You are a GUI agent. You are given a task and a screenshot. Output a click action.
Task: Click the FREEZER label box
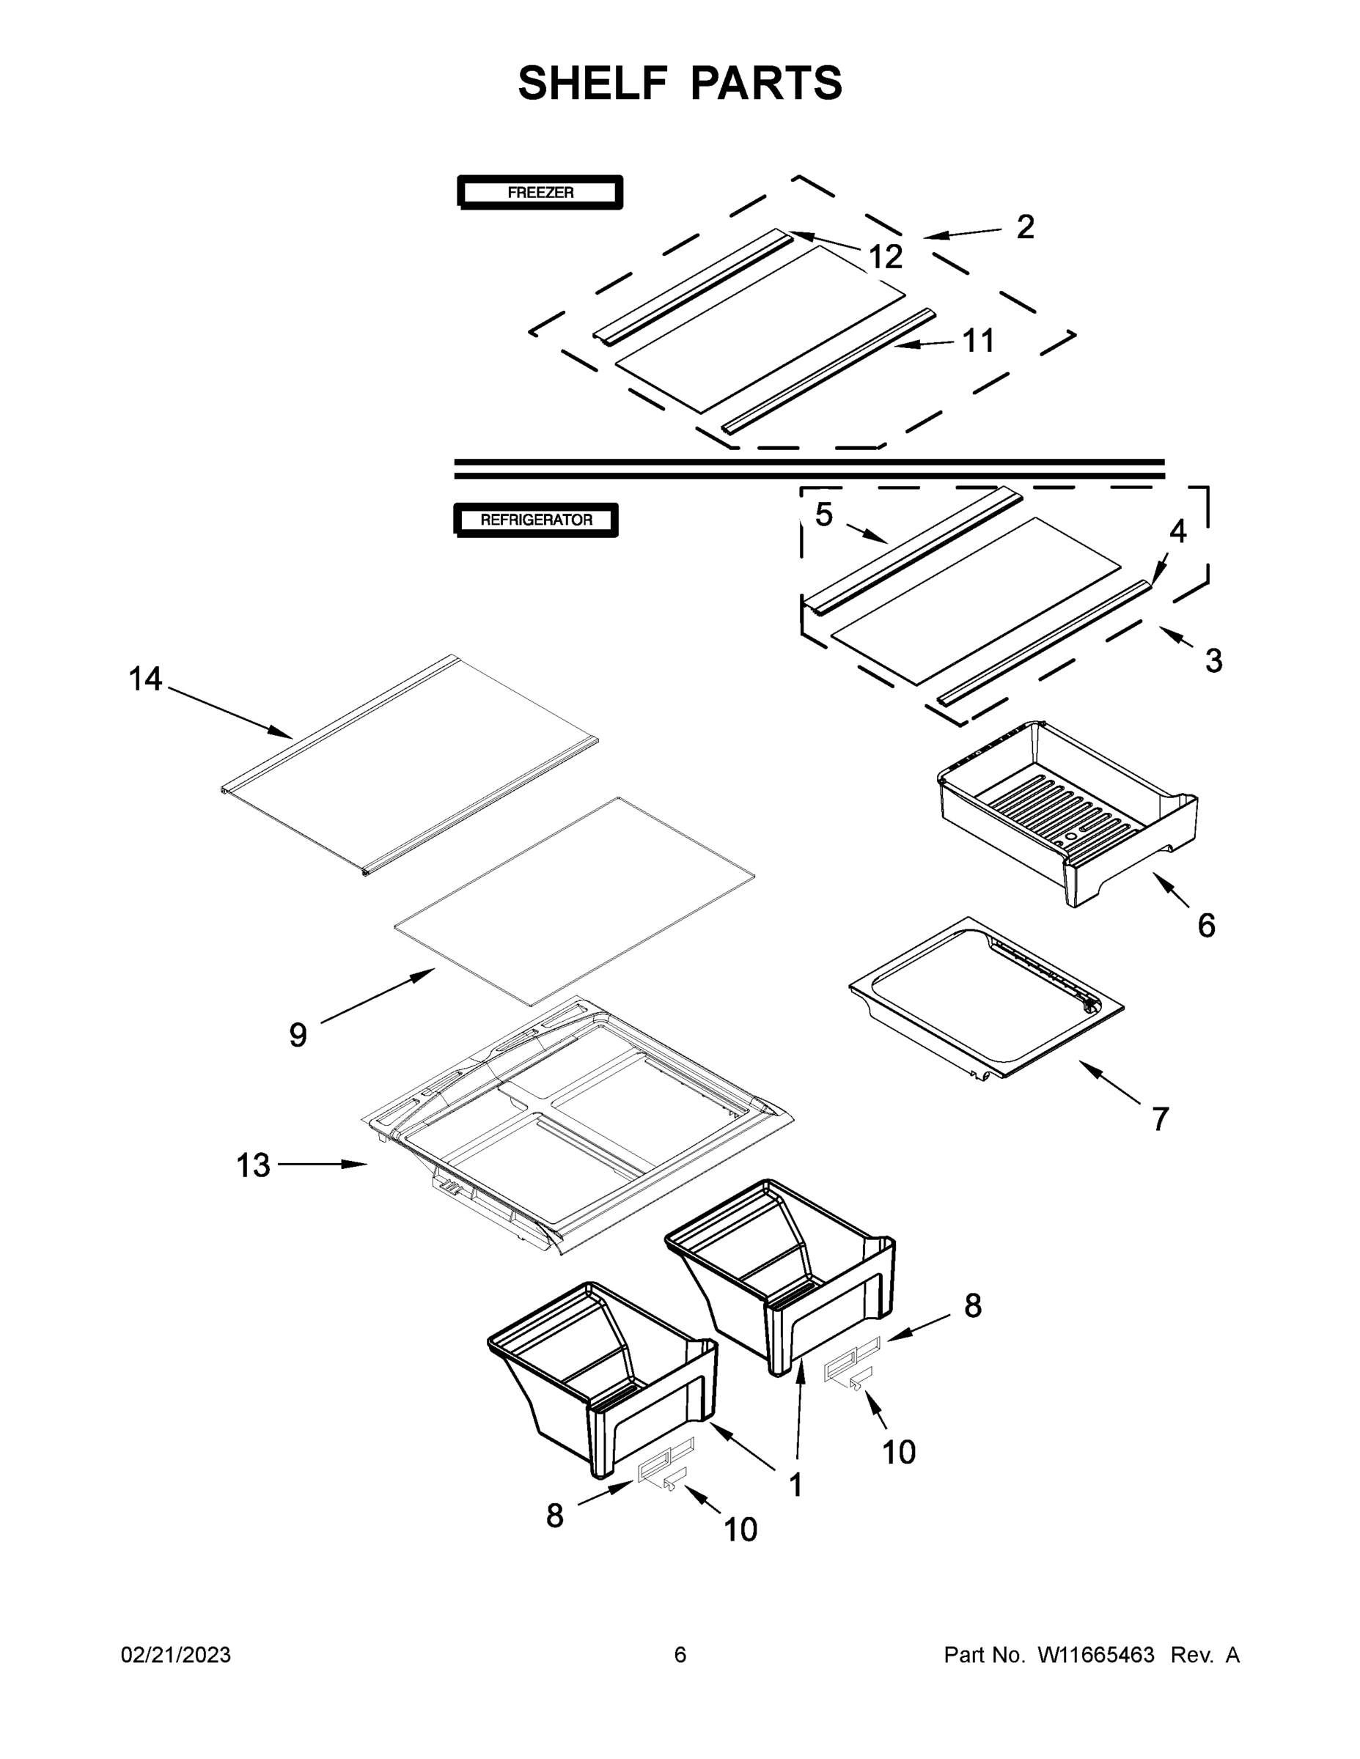click(x=540, y=193)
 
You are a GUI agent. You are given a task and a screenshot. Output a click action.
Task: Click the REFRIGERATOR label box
click(x=536, y=520)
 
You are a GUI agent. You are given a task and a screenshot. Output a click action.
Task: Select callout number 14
click(x=146, y=679)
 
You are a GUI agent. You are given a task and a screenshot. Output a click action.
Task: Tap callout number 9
click(x=298, y=1035)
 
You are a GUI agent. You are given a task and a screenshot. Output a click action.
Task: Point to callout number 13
click(x=253, y=1165)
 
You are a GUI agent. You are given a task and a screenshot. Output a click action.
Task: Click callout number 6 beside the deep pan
click(x=1205, y=926)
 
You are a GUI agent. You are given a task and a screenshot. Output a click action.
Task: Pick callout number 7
click(x=1160, y=1119)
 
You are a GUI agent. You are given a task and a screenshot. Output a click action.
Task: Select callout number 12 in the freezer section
click(x=886, y=258)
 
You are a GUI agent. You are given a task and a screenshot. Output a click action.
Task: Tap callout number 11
click(x=979, y=341)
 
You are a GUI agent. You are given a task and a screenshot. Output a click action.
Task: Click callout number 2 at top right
click(x=1025, y=227)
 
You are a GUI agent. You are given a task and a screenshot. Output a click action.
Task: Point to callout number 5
click(x=823, y=514)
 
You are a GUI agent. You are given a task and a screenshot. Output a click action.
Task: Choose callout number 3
click(x=1213, y=661)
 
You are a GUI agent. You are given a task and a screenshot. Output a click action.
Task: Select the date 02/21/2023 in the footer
click(x=176, y=1655)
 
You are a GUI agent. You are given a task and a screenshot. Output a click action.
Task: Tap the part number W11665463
click(x=1096, y=1655)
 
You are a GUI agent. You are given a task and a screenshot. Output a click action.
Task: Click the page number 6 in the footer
click(x=680, y=1655)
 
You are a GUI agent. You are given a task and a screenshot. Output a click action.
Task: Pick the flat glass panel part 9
click(x=573, y=902)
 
